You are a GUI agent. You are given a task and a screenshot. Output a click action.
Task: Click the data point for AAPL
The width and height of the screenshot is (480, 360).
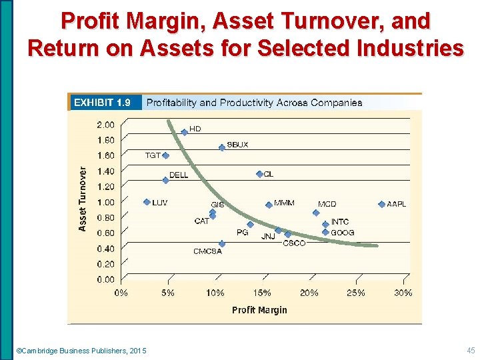pyautogui.click(x=381, y=204)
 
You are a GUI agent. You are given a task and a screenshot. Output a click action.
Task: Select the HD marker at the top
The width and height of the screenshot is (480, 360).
pyautogui.click(x=184, y=132)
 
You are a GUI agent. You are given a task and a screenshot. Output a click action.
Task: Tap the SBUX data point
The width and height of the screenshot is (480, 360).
pyautogui.click(x=222, y=147)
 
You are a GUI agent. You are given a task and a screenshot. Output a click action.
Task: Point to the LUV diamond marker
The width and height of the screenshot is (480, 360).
pyautogui.click(x=147, y=202)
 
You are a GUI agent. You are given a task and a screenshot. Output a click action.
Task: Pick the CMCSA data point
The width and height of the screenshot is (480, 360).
pyautogui.click(x=222, y=244)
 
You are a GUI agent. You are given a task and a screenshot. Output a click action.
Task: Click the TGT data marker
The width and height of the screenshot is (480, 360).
pyautogui.click(x=165, y=155)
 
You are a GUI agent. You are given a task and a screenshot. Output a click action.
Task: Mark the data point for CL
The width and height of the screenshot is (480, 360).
pyautogui.click(x=259, y=174)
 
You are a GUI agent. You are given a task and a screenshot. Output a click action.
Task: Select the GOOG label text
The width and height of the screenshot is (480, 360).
pyautogui.click(x=342, y=233)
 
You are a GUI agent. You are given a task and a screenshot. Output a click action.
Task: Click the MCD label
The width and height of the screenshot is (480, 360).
pyautogui.click(x=327, y=204)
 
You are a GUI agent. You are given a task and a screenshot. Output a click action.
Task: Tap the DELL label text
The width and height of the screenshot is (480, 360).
pyautogui.click(x=178, y=175)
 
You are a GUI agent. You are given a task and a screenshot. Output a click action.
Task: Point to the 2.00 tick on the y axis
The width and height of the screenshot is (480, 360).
pyautogui.click(x=105, y=125)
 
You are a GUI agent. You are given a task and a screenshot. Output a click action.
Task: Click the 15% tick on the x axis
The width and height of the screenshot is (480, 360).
pyautogui.click(x=262, y=293)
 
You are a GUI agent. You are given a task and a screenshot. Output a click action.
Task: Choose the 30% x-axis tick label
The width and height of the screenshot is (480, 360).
pyautogui.click(x=403, y=293)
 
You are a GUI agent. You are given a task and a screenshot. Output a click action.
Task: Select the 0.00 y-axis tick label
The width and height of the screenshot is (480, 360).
pyautogui.click(x=105, y=279)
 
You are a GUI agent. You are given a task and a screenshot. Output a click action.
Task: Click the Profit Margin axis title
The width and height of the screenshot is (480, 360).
pyautogui.click(x=259, y=309)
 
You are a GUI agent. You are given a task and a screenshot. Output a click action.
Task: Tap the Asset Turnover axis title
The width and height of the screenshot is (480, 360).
pyautogui.click(x=83, y=199)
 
